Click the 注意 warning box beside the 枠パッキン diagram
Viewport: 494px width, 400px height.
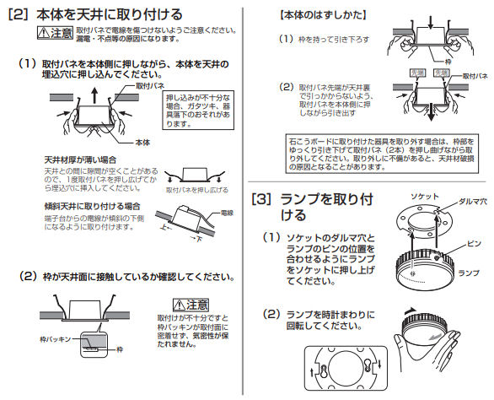click(x=191, y=303)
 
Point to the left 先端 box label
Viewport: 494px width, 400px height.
click(x=416, y=74)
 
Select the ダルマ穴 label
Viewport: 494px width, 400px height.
click(x=470, y=203)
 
